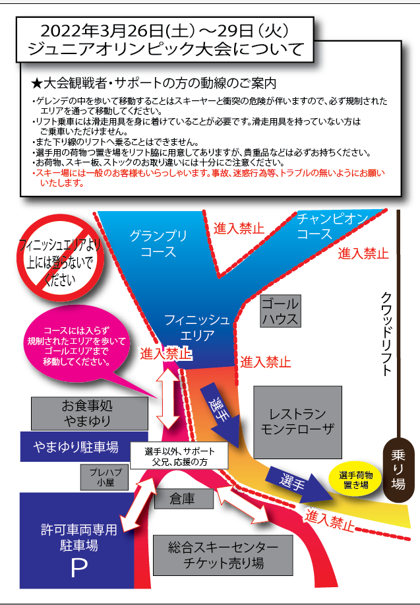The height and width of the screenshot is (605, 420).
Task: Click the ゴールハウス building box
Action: pyautogui.click(x=280, y=311)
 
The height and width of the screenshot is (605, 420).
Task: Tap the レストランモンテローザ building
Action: pyautogui.click(x=297, y=422)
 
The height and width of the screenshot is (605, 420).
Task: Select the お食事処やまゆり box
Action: pyautogui.click(x=90, y=414)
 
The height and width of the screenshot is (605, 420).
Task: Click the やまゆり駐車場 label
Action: pyautogui.click(x=76, y=447)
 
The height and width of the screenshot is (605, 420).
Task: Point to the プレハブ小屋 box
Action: pyautogui.click(x=104, y=477)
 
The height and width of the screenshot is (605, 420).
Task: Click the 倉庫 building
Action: pyautogui.click(x=184, y=499)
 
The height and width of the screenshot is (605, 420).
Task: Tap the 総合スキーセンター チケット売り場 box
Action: pyautogui.click(x=223, y=556)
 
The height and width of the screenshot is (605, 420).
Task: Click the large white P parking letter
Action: pyautogui.click(x=78, y=568)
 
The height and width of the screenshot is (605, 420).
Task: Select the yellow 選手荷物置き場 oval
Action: pyautogui.click(x=355, y=480)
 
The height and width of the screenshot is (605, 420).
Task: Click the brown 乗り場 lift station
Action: pyautogui.click(x=398, y=470)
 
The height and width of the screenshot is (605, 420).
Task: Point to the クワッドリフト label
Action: pyautogui.click(x=387, y=334)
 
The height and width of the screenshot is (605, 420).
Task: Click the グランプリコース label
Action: pyautogui.click(x=158, y=243)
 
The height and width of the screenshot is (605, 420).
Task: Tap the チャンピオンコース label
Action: pyautogui.click(x=332, y=226)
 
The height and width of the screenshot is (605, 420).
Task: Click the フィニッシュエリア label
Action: pyautogui.click(x=197, y=327)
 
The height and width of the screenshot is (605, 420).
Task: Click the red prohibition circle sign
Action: pyautogui.click(x=60, y=258)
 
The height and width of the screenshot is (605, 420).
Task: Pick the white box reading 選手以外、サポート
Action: pyautogui.click(x=179, y=456)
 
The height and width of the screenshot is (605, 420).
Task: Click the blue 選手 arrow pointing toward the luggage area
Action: pyautogui.click(x=297, y=485)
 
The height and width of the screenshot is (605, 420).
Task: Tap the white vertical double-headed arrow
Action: pyautogui.click(x=168, y=398)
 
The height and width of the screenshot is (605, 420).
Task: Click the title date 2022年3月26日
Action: pyautogui.click(x=97, y=31)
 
